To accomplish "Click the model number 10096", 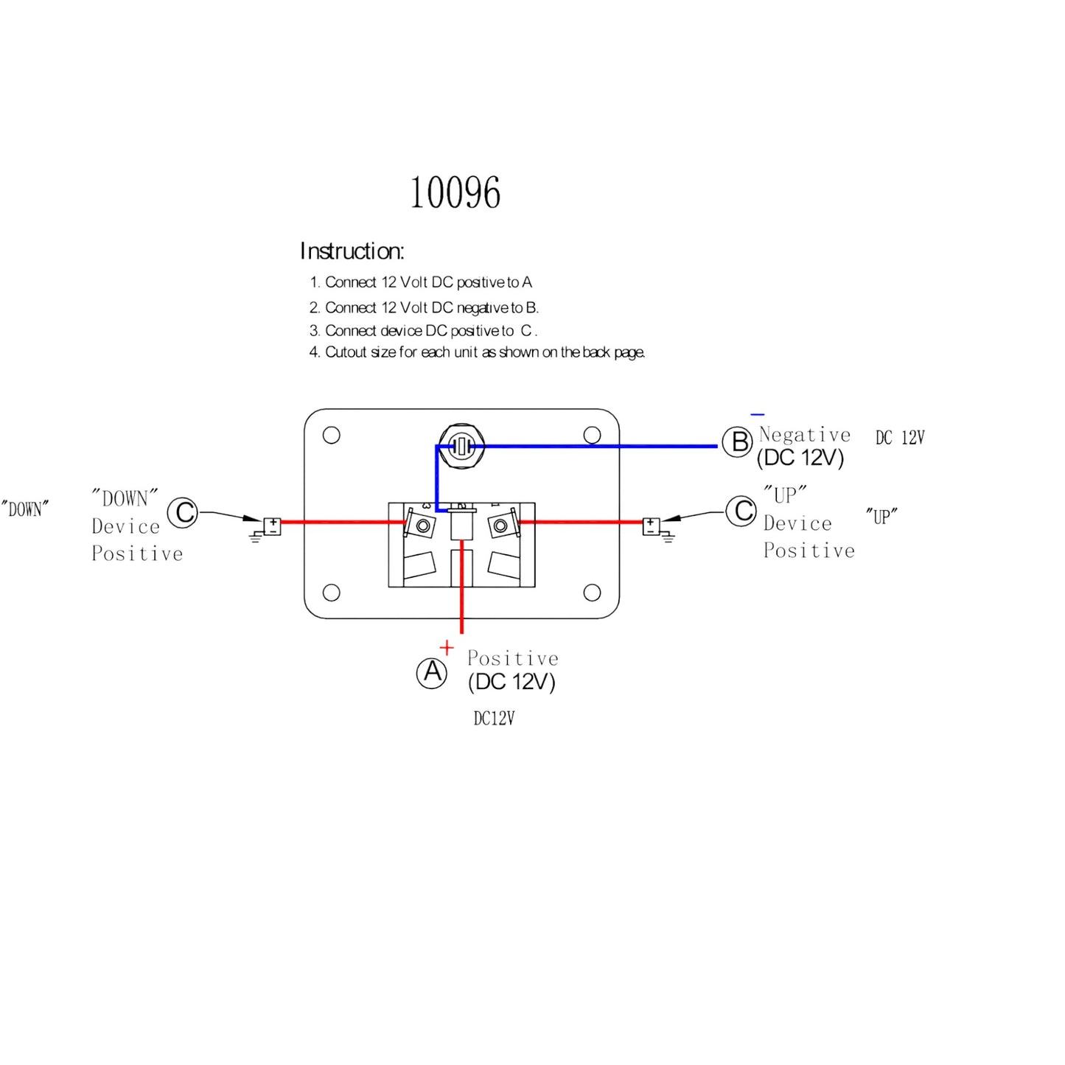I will (x=455, y=193).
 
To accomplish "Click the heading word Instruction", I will (x=352, y=251).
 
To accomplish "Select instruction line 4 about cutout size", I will (x=477, y=352).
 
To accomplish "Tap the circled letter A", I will (x=432, y=673).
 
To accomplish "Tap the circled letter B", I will (x=737, y=442).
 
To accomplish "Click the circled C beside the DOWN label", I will (x=183, y=512).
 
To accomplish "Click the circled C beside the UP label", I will (x=741, y=511).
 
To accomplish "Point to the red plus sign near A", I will (x=447, y=648).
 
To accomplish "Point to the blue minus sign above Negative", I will (x=757, y=415).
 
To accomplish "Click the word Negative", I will (x=805, y=435).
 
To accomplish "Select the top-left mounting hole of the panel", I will (x=332, y=435).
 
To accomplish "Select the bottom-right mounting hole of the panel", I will (x=592, y=593).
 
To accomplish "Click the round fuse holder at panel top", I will (x=461, y=446).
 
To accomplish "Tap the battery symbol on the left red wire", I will (x=272, y=526).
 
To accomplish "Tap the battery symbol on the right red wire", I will (x=652, y=525).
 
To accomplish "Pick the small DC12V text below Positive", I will (x=494, y=719).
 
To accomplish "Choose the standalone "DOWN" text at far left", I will (x=25, y=509).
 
